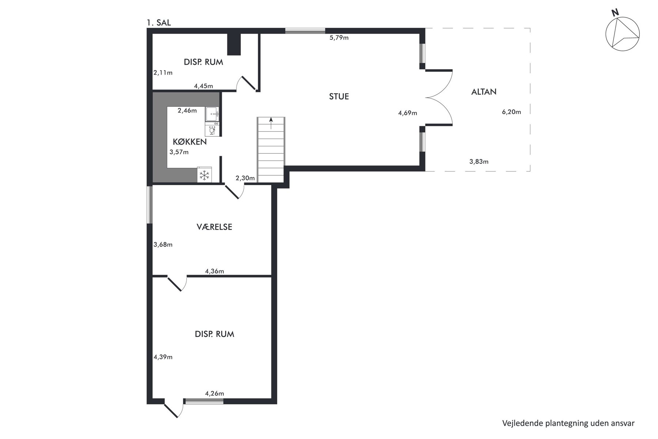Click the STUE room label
(339, 97)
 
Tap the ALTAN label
(484, 92)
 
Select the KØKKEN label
(190, 142)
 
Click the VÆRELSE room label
(214, 227)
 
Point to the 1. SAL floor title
(159, 23)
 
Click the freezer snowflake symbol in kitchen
(204, 175)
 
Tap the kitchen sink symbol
(212, 114)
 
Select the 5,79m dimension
(339, 37)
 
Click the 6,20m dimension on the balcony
(511, 112)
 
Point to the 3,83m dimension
(479, 161)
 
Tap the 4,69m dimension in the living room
(408, 113)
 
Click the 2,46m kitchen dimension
(187, 110)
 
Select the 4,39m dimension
(163, 357)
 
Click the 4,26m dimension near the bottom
(215, 394)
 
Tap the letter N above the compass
(615, 12)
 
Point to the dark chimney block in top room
(234, 44)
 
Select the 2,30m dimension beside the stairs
(245, 178)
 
